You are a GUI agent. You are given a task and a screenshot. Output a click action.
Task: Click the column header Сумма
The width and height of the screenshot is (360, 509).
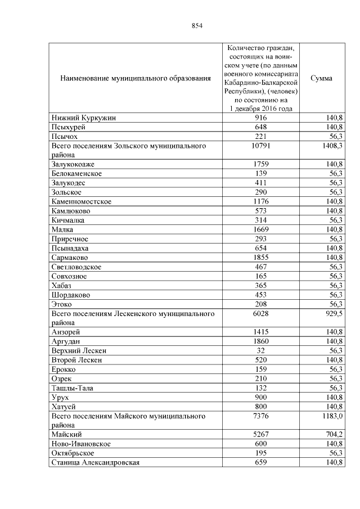(x=321, y=78)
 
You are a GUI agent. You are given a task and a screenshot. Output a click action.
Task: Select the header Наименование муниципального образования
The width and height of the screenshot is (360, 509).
(x=135, y=78)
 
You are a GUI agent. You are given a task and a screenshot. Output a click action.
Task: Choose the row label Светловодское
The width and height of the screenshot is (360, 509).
(x=76, y=267)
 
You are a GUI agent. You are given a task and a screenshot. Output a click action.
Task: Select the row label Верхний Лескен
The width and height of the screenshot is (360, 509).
(x=79, y=350)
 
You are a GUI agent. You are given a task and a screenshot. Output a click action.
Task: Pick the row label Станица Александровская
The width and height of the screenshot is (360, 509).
(x=95, y=462)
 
